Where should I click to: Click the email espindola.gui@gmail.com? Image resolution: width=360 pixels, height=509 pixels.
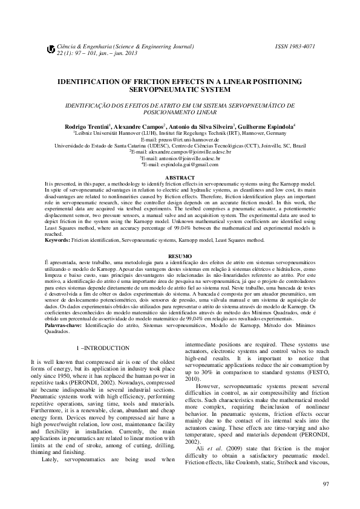click(x=180, y=165)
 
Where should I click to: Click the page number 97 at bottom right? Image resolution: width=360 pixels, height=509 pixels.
click(x=326, y=484)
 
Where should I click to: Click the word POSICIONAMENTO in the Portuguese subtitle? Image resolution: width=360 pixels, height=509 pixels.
click(x=154, y=112)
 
